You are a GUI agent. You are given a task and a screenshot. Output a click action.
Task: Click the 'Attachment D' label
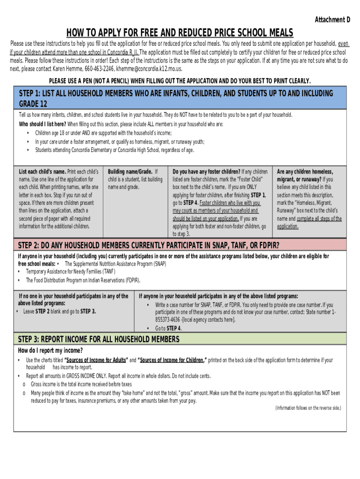point(332,20)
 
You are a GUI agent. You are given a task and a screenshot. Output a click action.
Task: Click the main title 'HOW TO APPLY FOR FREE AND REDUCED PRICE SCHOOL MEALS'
point(180,33)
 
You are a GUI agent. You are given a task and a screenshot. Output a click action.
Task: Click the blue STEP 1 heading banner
point(180,98)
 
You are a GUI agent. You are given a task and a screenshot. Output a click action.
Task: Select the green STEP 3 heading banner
point(180,339)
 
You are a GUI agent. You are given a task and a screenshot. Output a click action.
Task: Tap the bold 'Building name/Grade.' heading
point(130,172)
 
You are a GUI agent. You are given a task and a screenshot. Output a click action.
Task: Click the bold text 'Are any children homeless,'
point(305,172)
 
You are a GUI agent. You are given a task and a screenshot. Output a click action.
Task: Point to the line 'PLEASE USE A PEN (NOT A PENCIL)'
point(180,80)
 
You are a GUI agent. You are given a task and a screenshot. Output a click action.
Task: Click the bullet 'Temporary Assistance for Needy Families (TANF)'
point(64,272)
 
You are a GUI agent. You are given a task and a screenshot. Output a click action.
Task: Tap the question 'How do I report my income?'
point(50,351)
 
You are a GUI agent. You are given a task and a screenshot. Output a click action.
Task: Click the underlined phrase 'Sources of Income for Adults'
point(96,360)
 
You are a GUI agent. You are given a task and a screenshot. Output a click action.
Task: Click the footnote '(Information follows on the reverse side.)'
point(308,408)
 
